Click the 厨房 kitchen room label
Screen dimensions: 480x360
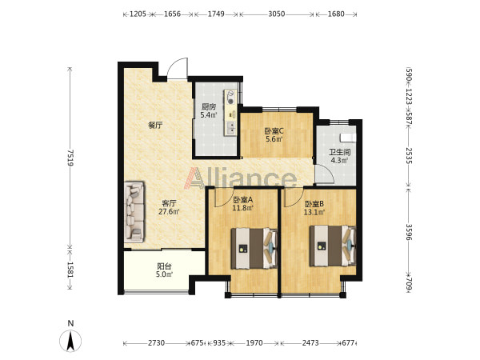(x=209, y=107)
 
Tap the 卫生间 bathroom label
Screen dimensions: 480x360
(x=340, y=152)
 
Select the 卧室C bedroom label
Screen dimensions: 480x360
(x=274, y=131)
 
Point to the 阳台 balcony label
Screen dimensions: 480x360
(x=164, y=266)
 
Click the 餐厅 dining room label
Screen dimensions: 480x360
(x=155, y=126)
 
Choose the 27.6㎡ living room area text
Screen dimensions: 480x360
(x=169, y=211)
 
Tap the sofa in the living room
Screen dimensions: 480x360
(x=134, y=212)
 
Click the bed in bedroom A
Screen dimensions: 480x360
(x=254, y=248)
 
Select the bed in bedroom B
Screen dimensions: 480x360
(x=333, y=246)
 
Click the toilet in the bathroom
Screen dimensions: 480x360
(x=349, y=138)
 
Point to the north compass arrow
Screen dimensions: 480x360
(x=70, y=341)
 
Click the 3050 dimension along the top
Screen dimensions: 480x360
(x=277, y=14)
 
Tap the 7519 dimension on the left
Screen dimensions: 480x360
(x=70, y=158)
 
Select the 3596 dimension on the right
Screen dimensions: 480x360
(x=409, y=232)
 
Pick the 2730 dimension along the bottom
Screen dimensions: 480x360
(x=157, y=343)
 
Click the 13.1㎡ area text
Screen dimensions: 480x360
(x=314, y=212)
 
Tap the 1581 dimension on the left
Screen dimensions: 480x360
(x=70, y=270)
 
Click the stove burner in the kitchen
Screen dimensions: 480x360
(x=230, y=102)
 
